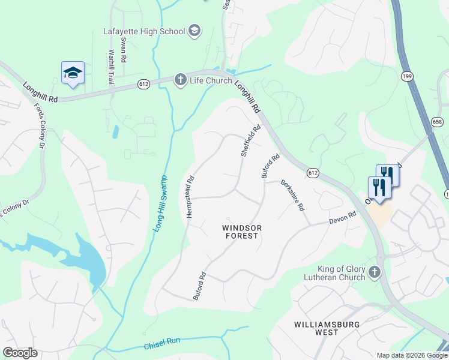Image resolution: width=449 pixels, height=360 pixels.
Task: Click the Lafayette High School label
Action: click(x=144, y=30)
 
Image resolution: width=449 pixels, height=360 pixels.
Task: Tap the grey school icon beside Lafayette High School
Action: click(x=194, y=30)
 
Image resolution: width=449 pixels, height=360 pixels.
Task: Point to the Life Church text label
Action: click(x=211, y=80)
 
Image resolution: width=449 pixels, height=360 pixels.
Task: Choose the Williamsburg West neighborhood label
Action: click(x=325, y=328)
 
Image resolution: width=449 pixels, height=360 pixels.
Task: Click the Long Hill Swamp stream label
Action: click(x=158, y=208)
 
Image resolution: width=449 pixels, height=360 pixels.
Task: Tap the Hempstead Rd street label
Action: click(x=190, y=196)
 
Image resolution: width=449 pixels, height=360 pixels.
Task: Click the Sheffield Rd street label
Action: click(x=252, y=141)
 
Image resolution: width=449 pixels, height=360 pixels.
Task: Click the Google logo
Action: click(x=20, y=353)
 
